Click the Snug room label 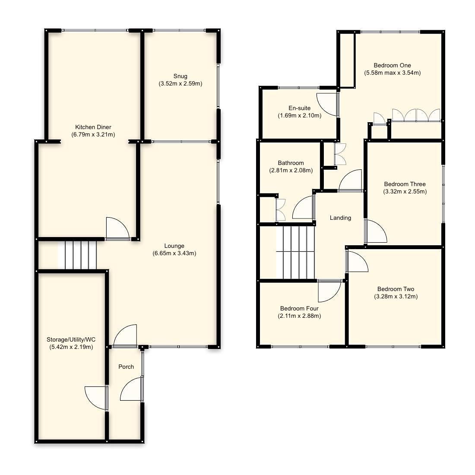click(180, 76)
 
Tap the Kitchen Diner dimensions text click(93, 134)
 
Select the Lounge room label click(174, 246)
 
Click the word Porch click(126, 367)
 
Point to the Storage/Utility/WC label click(71, 339)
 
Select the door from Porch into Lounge click(126, 336)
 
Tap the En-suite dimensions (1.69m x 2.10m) click(299, 115)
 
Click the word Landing click(340, 218)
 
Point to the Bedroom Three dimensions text click(405, 191)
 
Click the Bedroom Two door click(357, 262)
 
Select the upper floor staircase click(298, 253)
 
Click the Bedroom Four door click(329, 291)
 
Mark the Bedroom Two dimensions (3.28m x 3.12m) click(396, 296)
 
